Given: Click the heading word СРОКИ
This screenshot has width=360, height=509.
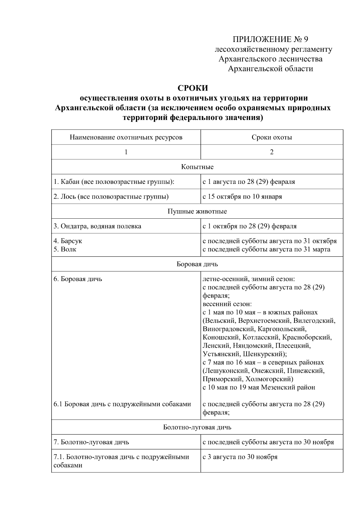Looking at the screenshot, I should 193,88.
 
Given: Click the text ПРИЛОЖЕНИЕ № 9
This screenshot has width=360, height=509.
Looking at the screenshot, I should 271,39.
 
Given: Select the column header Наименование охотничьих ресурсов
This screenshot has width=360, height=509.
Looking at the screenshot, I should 126,137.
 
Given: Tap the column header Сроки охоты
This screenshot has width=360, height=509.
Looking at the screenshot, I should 271,137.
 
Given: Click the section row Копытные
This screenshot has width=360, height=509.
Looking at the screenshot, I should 197,167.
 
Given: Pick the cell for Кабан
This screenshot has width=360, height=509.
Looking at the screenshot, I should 114,182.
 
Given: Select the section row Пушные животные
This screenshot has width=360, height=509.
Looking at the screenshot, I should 197,211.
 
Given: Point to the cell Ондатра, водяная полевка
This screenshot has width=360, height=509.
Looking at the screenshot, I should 97,226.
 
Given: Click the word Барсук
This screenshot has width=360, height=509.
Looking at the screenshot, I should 71,241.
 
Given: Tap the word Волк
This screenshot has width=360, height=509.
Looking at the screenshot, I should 68,249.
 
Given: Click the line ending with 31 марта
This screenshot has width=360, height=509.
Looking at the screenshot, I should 266,249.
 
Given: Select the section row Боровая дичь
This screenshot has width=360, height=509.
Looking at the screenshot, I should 197,264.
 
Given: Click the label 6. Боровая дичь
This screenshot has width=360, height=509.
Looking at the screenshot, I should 78,279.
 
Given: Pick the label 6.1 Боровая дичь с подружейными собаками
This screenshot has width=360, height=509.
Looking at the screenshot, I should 122,404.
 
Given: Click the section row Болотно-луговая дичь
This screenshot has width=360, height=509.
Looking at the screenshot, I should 197,427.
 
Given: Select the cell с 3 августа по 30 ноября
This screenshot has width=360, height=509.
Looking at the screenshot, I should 240,457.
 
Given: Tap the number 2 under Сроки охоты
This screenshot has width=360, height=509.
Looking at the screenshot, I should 271,152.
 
